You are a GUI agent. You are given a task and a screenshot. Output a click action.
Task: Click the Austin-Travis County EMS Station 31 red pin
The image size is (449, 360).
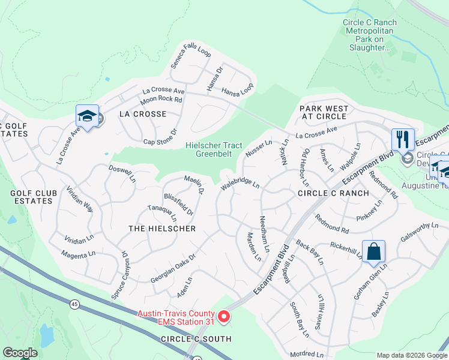pos(224,316)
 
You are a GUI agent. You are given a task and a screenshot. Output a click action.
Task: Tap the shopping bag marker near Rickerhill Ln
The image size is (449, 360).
pos(373,253)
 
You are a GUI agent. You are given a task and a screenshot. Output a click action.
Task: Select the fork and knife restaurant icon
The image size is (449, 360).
pos(402,139)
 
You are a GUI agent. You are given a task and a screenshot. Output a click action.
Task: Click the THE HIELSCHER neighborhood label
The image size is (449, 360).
pos(162,229)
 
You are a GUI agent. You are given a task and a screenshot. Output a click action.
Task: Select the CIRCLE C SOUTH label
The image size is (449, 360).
pos(196,339)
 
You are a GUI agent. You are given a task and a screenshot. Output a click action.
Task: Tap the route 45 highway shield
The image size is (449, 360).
pos(74,305)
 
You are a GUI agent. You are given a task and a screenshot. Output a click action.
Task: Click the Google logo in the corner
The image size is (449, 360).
pos(20,353)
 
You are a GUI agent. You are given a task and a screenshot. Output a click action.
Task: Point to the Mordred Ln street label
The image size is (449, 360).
pos(306,354)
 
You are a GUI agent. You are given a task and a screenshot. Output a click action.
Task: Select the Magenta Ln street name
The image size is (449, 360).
pos(78,254)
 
